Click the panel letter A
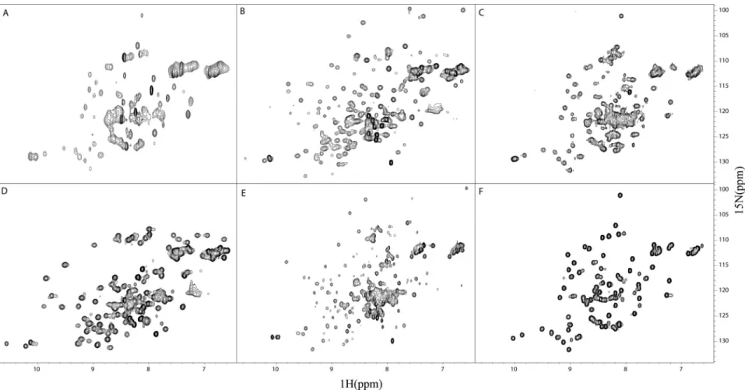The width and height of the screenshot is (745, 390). (5, 13)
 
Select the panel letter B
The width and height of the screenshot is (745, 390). (243, 11)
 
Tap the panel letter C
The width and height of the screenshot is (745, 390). (481, 12)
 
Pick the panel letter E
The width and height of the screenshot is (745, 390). (243, 193)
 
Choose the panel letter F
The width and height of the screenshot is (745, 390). (481, 193)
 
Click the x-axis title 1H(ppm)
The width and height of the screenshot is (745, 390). (361, 384)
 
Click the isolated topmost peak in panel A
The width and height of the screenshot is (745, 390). (142, 16)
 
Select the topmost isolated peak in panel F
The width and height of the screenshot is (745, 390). (620, 195)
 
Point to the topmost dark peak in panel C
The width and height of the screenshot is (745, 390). (621, 16)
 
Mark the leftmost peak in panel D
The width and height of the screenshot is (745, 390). (6, 343)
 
